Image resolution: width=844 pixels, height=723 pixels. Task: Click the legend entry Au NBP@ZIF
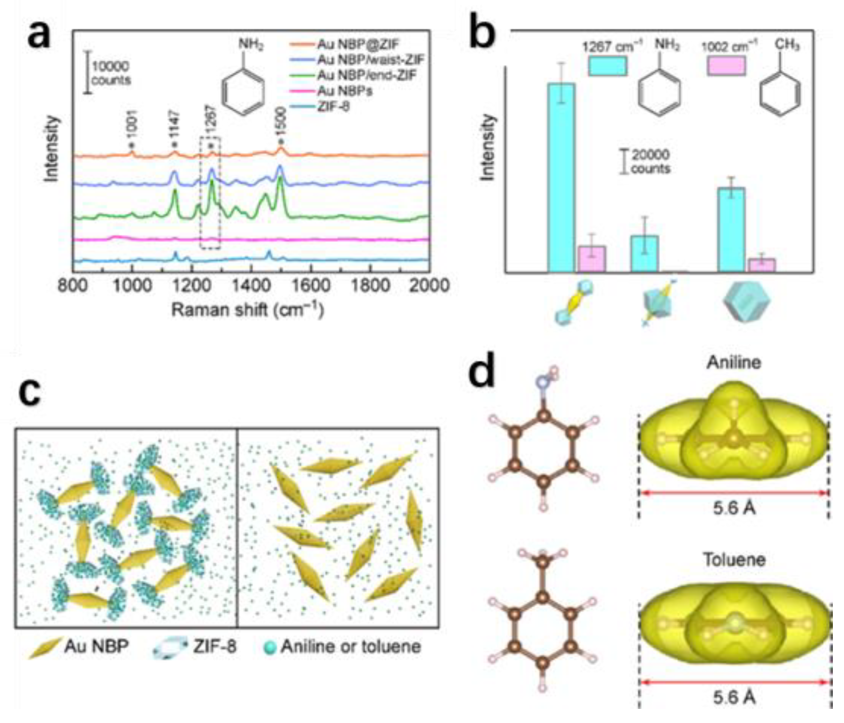click(x=357, y=44)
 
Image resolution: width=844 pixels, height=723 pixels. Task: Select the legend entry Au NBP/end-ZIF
click(x=366, y=76)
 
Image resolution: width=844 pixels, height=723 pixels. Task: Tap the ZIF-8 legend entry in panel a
click(x=334, y=107)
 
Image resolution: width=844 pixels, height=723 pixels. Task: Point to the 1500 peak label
click(x=281, y=120)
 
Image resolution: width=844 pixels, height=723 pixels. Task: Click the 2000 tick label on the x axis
click(x=429, y=285)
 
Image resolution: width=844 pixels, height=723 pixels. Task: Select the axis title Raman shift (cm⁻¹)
click(x=248, y=309)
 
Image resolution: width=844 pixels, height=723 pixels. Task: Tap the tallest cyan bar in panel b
click(x=561, y=177)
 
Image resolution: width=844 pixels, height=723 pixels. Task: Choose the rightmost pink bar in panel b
click(x=762, y=265)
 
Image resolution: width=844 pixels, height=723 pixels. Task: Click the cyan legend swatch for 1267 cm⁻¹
click(x=607, y=66)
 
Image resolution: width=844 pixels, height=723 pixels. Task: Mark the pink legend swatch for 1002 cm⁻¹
click(x=726, y=66)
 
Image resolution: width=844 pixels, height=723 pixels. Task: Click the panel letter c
click(x=29, y=393)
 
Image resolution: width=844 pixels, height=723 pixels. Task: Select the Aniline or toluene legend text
click(x=351, y=647)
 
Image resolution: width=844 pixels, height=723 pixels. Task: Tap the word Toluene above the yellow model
click(x=734, y=559)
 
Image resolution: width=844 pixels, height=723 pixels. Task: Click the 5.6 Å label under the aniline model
click(x=734, y=508)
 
